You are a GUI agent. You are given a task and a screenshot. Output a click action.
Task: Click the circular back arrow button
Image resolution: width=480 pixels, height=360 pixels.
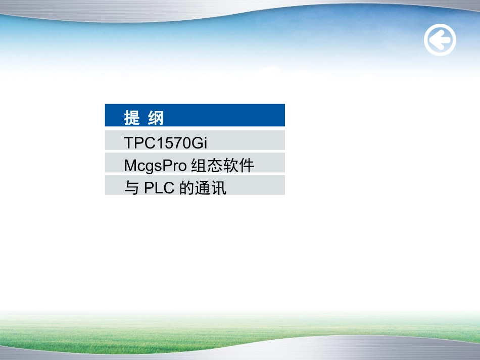click(x=440, y=40)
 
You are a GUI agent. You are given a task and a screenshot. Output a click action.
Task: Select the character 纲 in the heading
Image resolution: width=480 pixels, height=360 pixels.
click(x=156, y=118)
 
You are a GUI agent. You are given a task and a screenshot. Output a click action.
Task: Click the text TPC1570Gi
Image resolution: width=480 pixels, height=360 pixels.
click(x=166, y=143)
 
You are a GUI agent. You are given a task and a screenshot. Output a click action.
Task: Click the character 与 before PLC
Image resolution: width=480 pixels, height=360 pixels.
click(x=131, y=188)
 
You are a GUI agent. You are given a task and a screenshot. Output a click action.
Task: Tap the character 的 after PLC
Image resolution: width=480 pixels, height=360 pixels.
click(x=186, y=188)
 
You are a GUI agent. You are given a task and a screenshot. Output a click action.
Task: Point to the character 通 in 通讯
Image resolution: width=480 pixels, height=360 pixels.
click(x=202, y=188)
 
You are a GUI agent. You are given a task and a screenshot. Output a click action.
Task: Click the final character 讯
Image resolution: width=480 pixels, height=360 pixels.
click(x=220, y=188)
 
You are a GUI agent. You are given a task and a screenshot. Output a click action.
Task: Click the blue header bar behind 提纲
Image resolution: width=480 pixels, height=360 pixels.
click(x=227, y=116)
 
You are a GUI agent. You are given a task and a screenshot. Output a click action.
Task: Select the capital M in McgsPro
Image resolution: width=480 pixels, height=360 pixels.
click(x=129, y=166)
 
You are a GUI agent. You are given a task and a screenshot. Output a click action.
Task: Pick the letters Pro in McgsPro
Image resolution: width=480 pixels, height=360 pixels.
click(x=175, y=166)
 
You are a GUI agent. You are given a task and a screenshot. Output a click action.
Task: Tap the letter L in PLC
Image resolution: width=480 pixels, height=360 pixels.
click(x=159, y=188)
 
